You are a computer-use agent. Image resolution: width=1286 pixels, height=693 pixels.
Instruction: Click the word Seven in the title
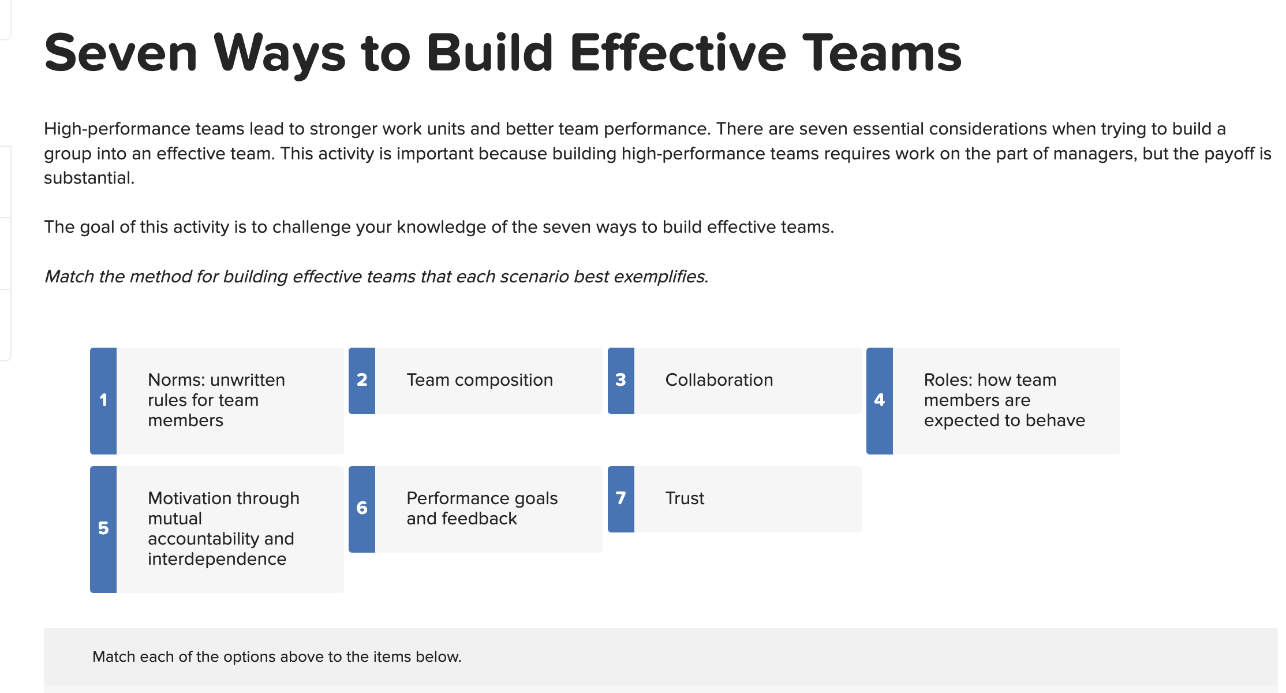click(121, 53)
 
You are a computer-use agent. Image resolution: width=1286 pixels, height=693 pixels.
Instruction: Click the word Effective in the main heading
click(678, 53)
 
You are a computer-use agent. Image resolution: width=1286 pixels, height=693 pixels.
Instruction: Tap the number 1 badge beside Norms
click(103, 400)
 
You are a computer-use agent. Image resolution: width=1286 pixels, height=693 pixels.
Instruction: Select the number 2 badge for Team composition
click(362, 380)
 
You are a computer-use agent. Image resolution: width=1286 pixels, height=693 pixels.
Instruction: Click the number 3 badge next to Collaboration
click(620, 380)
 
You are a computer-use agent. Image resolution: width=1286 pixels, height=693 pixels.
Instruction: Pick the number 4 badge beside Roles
click(879, 400)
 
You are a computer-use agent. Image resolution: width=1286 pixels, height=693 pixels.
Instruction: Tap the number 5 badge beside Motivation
click(103, 528)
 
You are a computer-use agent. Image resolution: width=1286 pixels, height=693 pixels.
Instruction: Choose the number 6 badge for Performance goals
click(362, 508)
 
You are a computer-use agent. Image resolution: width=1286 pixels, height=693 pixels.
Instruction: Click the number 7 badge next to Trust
click(620, 498)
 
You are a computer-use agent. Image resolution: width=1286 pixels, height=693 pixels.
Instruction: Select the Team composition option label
click(479, 380)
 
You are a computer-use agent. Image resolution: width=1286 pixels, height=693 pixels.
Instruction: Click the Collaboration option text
click(719, 380)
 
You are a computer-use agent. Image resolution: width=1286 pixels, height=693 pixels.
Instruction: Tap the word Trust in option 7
click(685, 498)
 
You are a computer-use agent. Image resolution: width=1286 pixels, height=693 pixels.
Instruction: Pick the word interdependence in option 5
click(217, 559)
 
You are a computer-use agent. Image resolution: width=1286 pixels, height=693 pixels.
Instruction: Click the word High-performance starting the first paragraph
click(115, 129)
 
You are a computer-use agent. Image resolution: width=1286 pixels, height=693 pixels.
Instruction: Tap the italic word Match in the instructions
click(69, 277)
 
